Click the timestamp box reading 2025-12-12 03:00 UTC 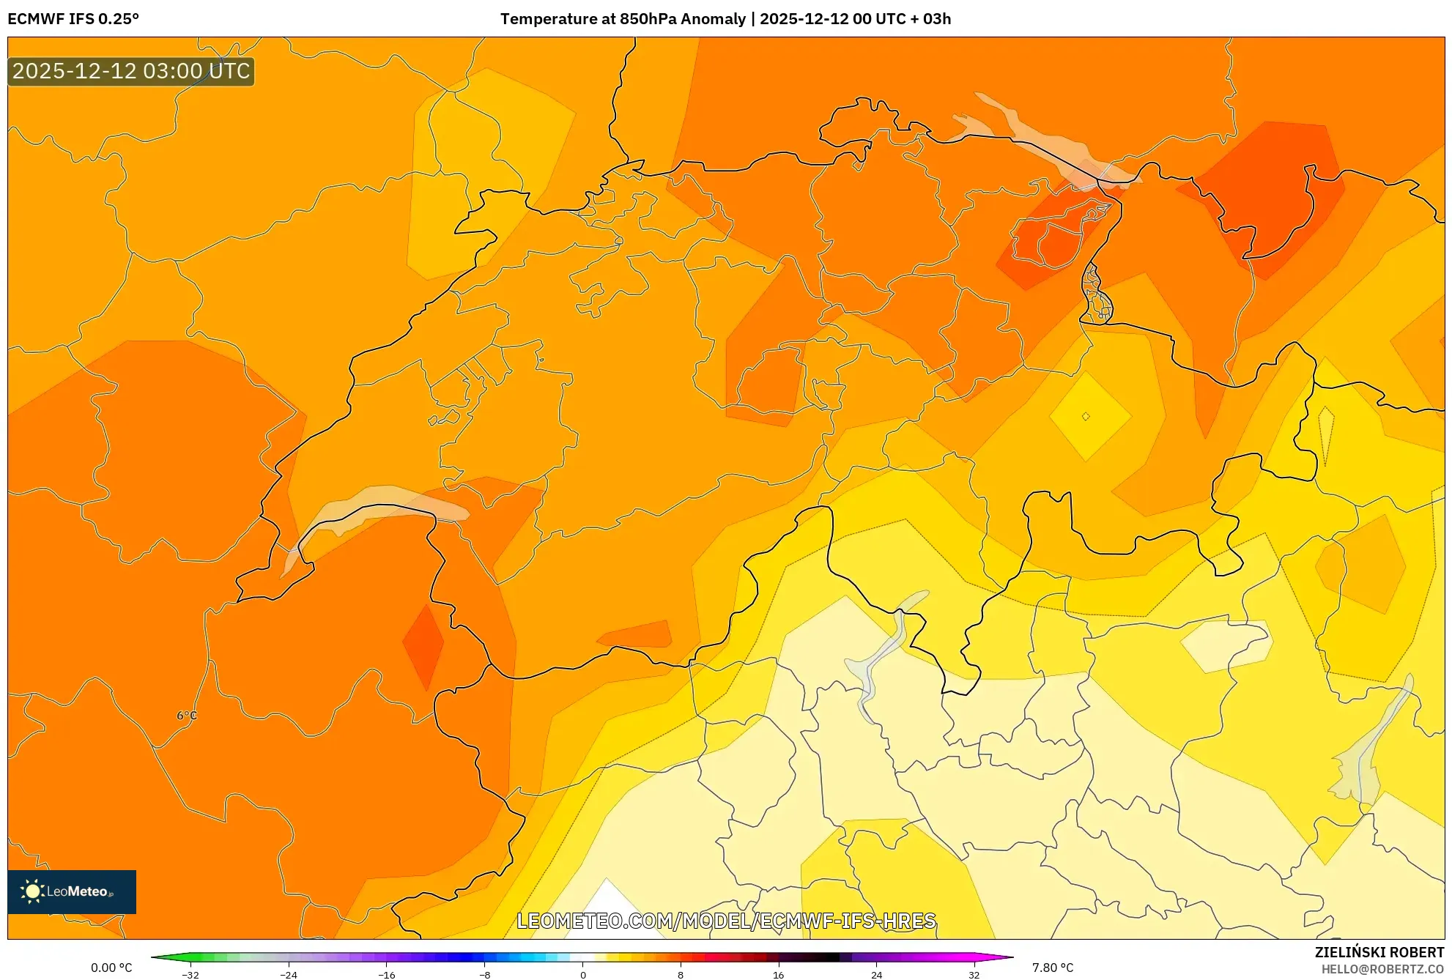pos(131,71)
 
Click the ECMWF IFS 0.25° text pos(73,19)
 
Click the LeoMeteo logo pos(71,891)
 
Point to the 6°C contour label pos(187,716)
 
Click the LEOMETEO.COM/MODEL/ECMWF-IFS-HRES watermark pos(726,921)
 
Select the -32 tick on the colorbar pos(190,975)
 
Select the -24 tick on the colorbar pos(289,975)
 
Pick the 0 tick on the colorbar pos(583,975)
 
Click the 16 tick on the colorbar pos(779,975)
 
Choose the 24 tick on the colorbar pos(877,975)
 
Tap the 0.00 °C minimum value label pos(111,968)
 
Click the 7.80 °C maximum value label pos(1053,968)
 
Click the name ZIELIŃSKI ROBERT pos(1379,952)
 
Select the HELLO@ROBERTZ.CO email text pos(1382,969)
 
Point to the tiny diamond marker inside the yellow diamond pos(1086,416)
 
